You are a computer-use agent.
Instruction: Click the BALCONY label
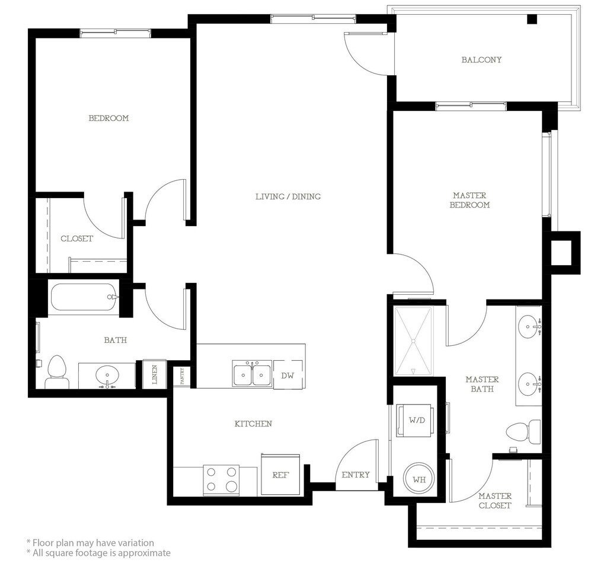click(x=481, y=60)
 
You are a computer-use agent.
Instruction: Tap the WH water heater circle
click(x=419, y=479)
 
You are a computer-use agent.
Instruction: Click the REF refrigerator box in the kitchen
click(x=280, y=474)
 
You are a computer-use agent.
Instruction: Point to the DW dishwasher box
click(x=287, y=375)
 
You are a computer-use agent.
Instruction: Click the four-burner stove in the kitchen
click(x=221, y=479)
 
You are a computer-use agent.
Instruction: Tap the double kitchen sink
click(x=251, y=373)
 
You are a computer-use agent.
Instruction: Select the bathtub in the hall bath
click(x=83, y=297)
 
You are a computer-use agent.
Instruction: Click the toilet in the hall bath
click(x=56, y=372)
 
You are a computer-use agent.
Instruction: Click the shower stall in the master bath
click(x=413, y=341)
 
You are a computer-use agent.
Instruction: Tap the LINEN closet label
click(x=155, y=374)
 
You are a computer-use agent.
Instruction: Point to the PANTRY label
click(x=181, y=376)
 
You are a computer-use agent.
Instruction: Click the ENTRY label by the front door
click(x=356, y=475)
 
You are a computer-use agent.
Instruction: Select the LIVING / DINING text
click(x=288, y=196)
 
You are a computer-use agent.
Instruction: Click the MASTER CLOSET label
click(x=495, y=501)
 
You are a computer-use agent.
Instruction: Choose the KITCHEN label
click(x=253, y=424)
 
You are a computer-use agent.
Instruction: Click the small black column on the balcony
click(x=533, y=18)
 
